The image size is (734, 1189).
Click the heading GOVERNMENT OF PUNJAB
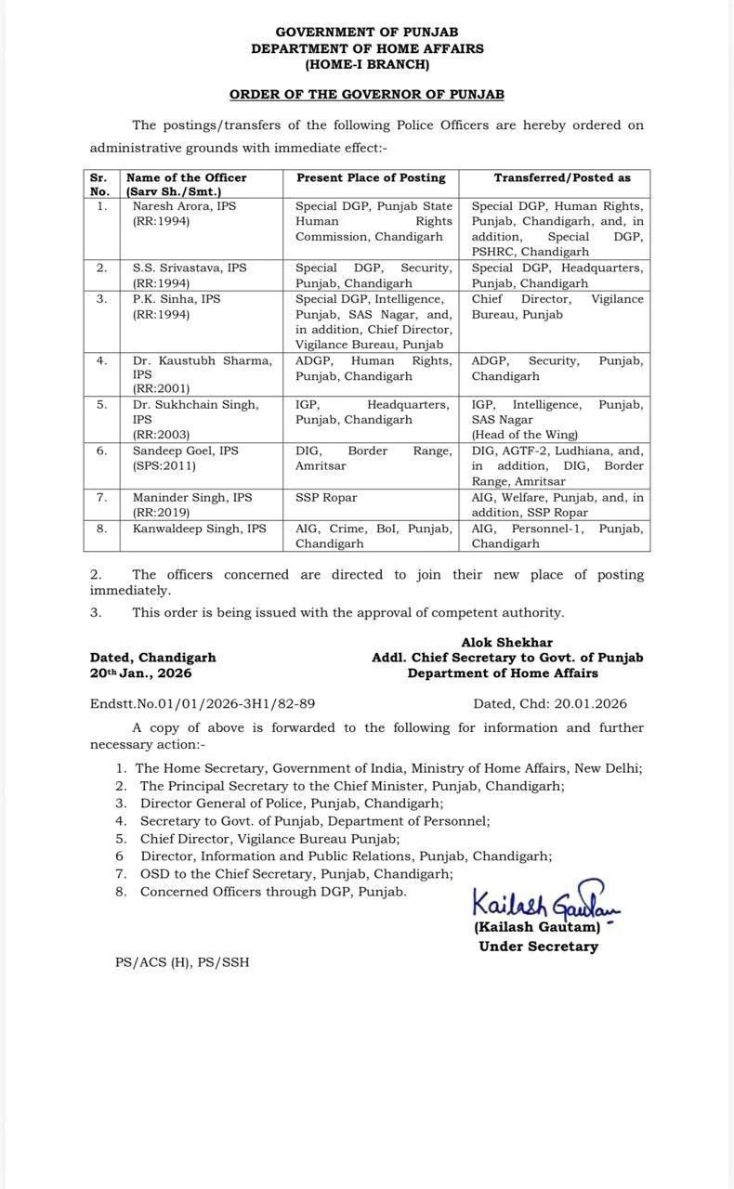367,33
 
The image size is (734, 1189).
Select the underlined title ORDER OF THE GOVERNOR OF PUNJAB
367,95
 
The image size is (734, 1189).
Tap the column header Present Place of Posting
371,177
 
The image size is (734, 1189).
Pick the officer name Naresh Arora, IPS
184,206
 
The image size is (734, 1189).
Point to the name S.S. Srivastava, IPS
190,268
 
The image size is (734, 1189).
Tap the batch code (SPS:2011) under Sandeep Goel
164,465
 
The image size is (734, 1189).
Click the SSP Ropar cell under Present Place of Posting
326,497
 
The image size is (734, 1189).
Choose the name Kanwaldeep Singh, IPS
199,529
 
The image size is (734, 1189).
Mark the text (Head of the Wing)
524,435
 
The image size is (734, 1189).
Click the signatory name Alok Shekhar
506,642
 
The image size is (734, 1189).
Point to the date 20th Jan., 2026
140,673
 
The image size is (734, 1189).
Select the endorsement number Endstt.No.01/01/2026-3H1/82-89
203,703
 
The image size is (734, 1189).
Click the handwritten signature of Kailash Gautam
544,901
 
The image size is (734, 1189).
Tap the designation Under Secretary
538,946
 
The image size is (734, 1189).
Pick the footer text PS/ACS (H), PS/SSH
182,962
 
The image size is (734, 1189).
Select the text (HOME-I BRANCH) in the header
367,64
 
